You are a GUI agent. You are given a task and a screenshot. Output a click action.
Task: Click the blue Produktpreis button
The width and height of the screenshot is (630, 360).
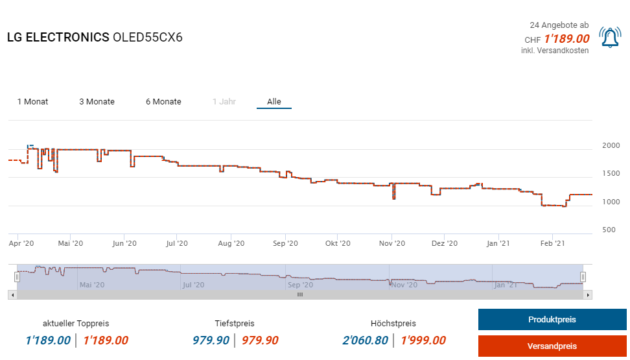click(x=552, y=320)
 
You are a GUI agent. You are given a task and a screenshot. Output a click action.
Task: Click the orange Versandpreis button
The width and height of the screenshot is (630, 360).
click(x=552, y=346)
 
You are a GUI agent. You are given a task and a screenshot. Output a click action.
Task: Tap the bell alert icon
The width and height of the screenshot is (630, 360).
click(x=610, y=38)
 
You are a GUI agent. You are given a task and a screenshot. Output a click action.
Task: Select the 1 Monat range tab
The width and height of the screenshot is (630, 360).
click(x=32, y=102)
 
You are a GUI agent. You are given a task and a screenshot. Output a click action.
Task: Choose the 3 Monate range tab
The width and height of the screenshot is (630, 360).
click(x=97, y=102)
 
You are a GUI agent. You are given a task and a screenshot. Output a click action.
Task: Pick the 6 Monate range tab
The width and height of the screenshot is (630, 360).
click(x=163, y=102)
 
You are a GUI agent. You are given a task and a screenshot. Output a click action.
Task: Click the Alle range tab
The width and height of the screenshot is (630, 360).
click(x=274, y=102)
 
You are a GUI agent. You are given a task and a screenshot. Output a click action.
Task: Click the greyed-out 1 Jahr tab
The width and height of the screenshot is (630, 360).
click(x=224, y=102)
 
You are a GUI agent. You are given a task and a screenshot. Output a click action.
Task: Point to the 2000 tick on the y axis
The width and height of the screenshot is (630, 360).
click(x=611, y=146)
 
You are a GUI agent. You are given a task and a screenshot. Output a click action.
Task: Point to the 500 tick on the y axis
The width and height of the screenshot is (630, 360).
click(x=609, y=230)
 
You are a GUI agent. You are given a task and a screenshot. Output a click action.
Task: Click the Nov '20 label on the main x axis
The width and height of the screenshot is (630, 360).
click(x=391, y=244)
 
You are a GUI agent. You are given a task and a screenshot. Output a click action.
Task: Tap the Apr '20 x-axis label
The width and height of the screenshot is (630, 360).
click(x=21, y=244)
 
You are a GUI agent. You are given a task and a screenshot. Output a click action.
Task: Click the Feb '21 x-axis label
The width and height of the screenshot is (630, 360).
click(x=552, y=244)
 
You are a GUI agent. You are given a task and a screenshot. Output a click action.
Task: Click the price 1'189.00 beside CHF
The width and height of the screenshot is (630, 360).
click(x=566, y=39)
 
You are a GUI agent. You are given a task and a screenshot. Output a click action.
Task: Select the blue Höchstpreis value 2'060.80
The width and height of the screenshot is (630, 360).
click(x=365, y=341)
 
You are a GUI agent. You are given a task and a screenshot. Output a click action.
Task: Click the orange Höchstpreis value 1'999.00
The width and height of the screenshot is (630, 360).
click(x=423, y=341)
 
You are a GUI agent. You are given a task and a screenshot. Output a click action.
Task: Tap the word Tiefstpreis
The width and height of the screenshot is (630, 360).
click(x=235, y=324)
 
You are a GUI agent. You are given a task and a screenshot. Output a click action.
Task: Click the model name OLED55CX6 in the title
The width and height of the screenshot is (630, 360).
click(x=148, y=38)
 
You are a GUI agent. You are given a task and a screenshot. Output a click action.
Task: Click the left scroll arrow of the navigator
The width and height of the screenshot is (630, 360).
click(x=12, y=294)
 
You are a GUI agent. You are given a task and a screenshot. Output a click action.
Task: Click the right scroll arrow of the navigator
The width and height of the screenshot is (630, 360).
click(x=588, y=294)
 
